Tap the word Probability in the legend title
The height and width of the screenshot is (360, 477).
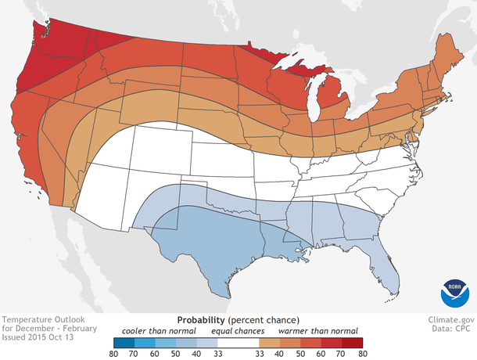tap(203, 320)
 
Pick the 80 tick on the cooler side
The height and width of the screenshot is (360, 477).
tap(114, 353)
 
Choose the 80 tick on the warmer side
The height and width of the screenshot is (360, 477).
tap(362, 353)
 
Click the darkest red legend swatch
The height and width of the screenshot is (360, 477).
tap(353, 342)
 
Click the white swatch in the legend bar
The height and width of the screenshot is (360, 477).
tap(238, 342)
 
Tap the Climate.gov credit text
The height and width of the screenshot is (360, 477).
tap(451, 320)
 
